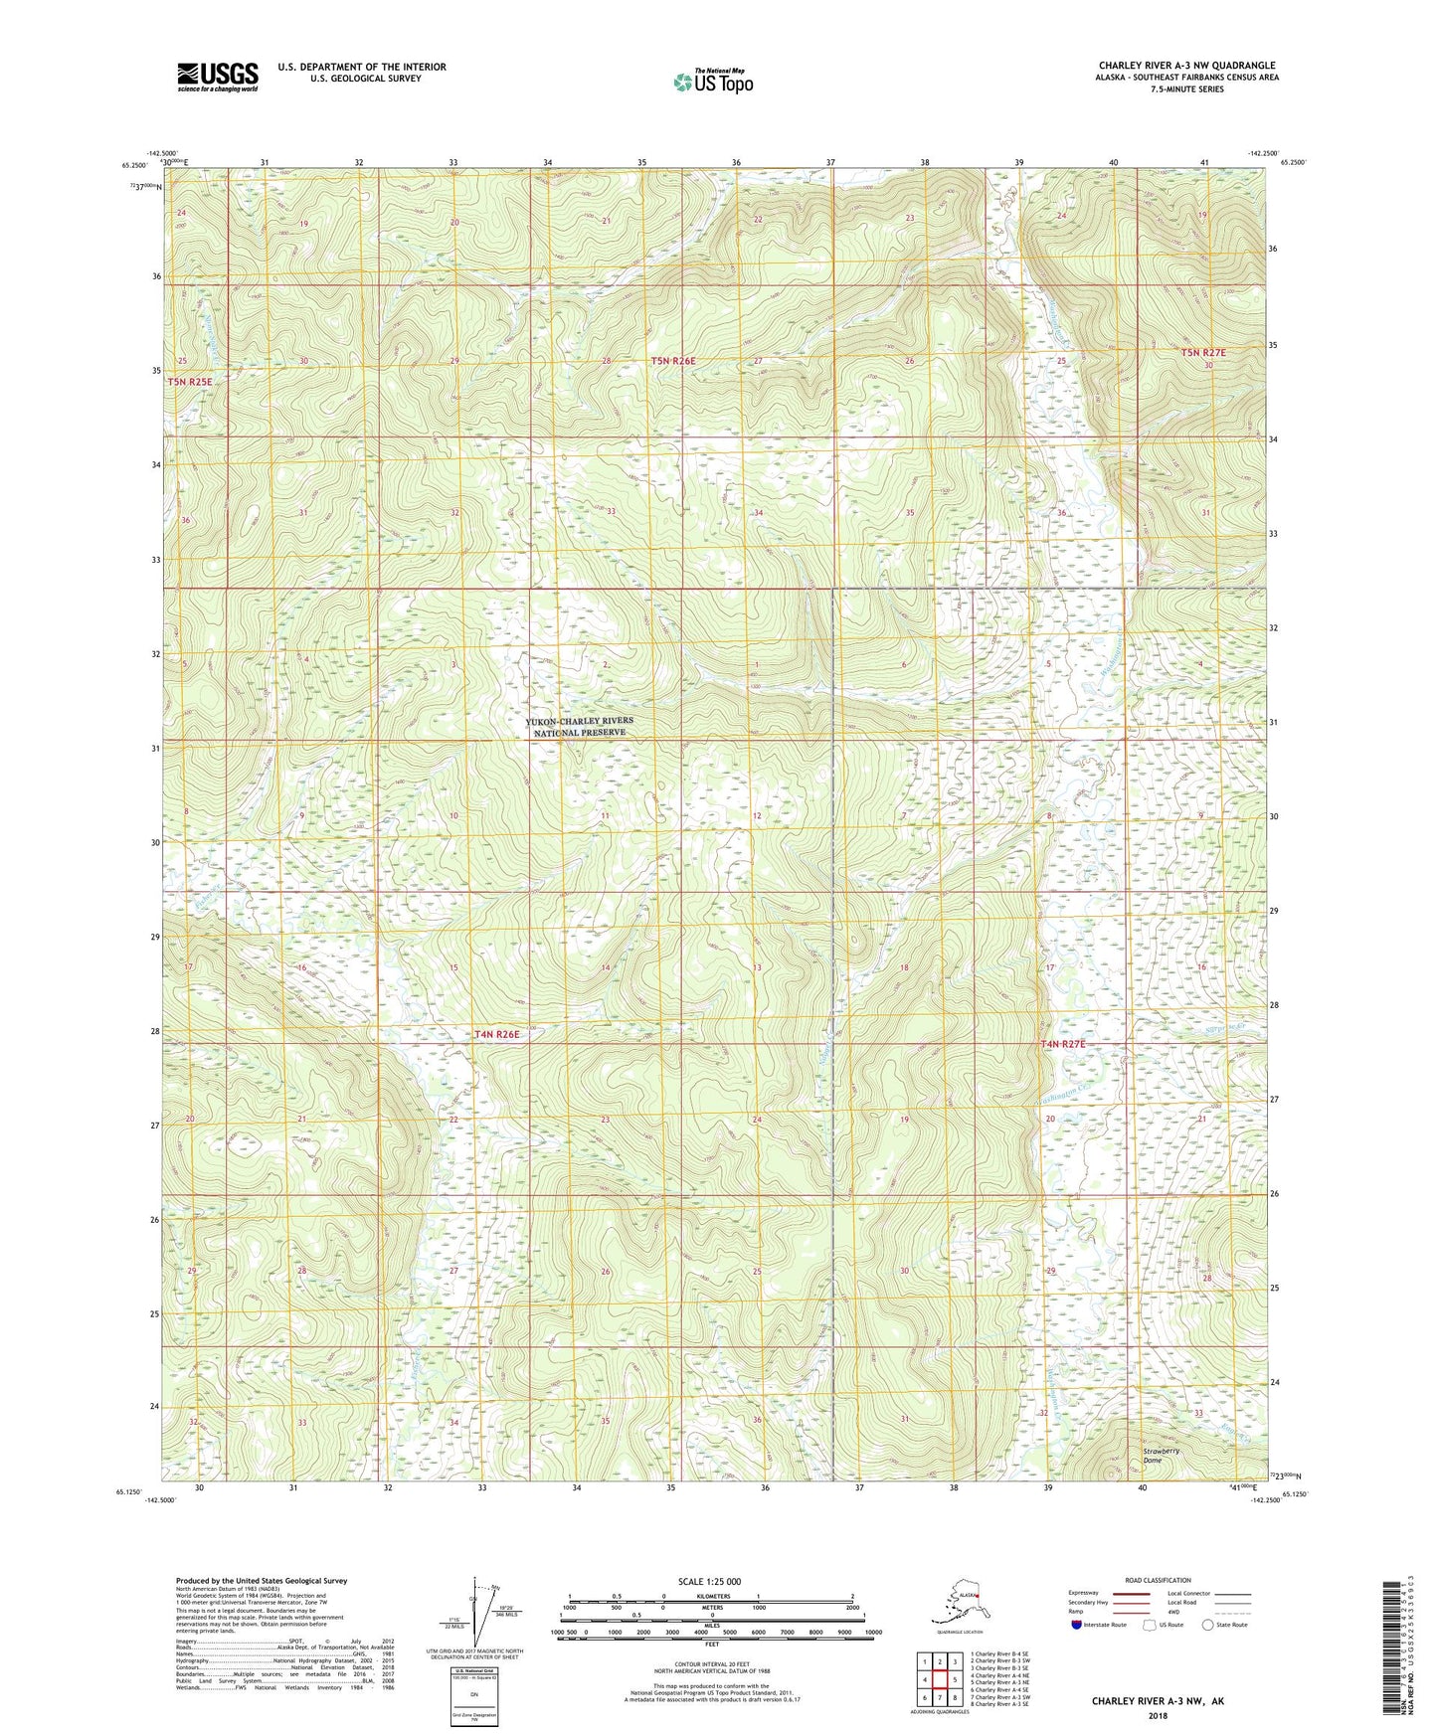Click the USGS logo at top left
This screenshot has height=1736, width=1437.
pyautogui.click(x=217, y=77)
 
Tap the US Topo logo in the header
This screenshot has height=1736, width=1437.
pyautogui.click(x=713, y=82)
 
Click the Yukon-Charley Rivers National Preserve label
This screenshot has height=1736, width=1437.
pyautogui.click(x=580, y=726)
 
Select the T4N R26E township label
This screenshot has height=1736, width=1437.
pyautogui.click(x=497, y=1034)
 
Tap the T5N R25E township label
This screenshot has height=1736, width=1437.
pyautogui.click(x=190, y=382)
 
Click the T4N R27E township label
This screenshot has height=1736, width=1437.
pyautogui.click(x=1063, y=1044)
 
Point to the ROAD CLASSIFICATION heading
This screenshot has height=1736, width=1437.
pyautogui.click(x=1159, y=1580)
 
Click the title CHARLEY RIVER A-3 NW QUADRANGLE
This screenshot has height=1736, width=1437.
pyautogui.click(x=1186, y=66)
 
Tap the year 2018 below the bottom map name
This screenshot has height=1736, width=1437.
pyautogui.click(x=1157, y=1715)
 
